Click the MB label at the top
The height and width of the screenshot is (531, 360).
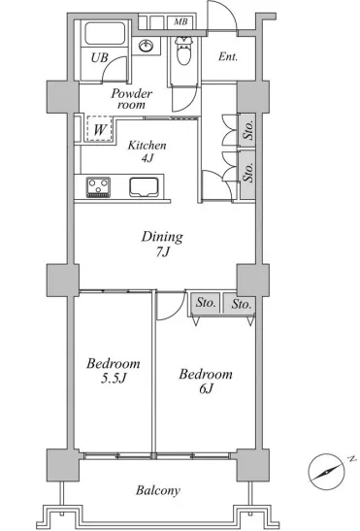click(180, 22)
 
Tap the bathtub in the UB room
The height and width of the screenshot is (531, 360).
click(104, 33)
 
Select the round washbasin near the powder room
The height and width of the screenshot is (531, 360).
click(147, 46)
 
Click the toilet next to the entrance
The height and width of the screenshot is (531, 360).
click(184, 50)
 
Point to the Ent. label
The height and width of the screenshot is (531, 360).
click(228, 56)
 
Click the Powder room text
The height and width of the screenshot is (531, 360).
click(131, 99)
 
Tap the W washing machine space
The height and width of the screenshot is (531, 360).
click(99, 129)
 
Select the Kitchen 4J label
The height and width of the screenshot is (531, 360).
click(147, 151)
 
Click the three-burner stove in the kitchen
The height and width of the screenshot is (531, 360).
click(98, 187)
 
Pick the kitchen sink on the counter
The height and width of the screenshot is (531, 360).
click(144, 187)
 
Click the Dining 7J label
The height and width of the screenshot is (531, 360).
click(162, 244)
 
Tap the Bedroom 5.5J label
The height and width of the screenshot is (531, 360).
click(114, 371)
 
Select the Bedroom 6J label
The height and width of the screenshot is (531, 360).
click(206, 381)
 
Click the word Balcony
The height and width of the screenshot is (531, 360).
click(158, 490)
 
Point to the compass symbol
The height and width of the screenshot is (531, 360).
click(327, 472)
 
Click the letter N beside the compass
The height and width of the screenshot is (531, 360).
click(352, 459)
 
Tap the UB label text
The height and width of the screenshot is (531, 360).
click(99, 57)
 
